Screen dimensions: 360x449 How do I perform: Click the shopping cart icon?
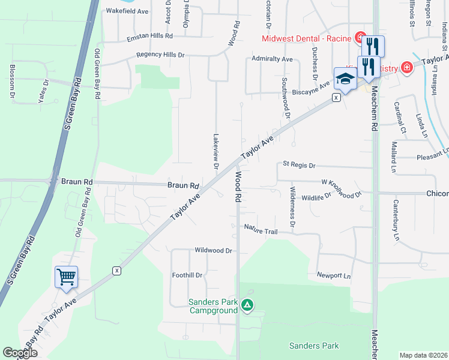tap(66, 277)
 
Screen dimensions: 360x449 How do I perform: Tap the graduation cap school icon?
tap(345, 78)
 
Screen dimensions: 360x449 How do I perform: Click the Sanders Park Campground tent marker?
tap(247, 306)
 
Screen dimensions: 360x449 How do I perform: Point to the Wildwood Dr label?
tap(213, 250)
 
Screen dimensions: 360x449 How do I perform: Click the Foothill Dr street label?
tap(187, 275)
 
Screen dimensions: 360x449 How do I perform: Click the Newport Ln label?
tap(333, 275)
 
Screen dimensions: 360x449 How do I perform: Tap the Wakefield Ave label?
tap(127, 11)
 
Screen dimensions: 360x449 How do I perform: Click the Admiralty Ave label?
tap(272, 59)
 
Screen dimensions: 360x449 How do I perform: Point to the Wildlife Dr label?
tap(316, 197)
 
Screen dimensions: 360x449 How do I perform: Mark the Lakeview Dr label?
tap(215, 150)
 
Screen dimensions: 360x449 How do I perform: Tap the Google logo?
tap(20, 352)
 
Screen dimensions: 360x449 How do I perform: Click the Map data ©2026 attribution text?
tap(423, 355)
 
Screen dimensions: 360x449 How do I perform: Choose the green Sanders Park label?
tap(314, 346)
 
